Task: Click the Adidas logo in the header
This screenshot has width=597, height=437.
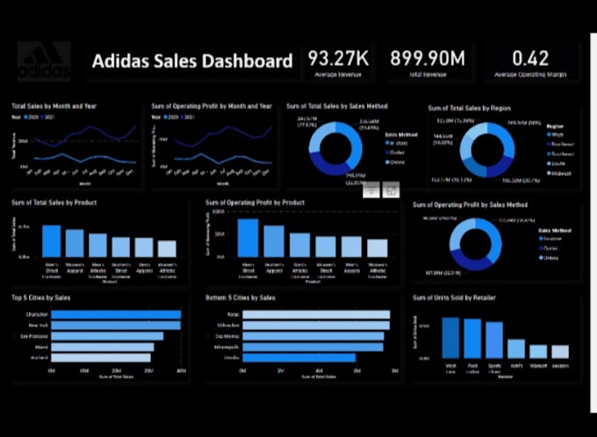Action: click(x=44, y=61)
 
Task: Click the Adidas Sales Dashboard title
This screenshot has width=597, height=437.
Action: click(x=192, y=62)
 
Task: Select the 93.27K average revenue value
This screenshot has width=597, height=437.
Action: click(x=339, y=59)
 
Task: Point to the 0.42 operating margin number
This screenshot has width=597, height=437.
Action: click(x=529, y=59)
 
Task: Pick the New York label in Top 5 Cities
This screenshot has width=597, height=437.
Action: click(x=40, y=324)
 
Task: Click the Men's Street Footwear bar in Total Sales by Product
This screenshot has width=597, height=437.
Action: click(x=53, y=240)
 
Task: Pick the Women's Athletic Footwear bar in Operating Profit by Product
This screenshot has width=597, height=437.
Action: click(x=378, y=249)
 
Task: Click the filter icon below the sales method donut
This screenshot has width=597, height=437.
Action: click(x=371, y=189)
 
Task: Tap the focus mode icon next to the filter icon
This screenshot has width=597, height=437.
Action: click(x=392, y=189)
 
